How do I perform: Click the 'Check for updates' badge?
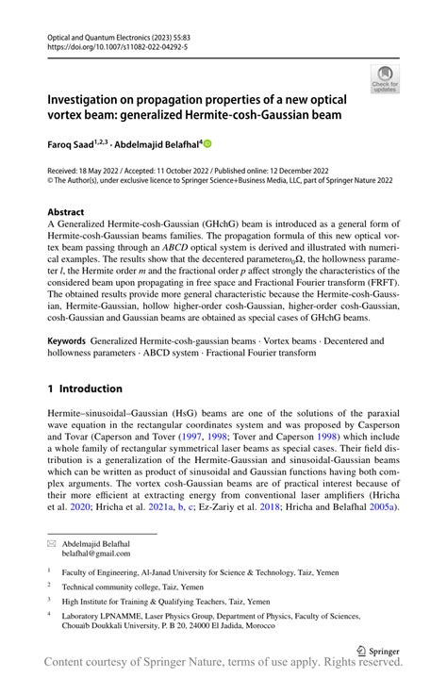pos(385,78)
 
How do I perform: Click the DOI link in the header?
pos(113,44)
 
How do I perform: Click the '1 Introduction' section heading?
pos(85,388)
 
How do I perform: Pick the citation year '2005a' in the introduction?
pos(377,506)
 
